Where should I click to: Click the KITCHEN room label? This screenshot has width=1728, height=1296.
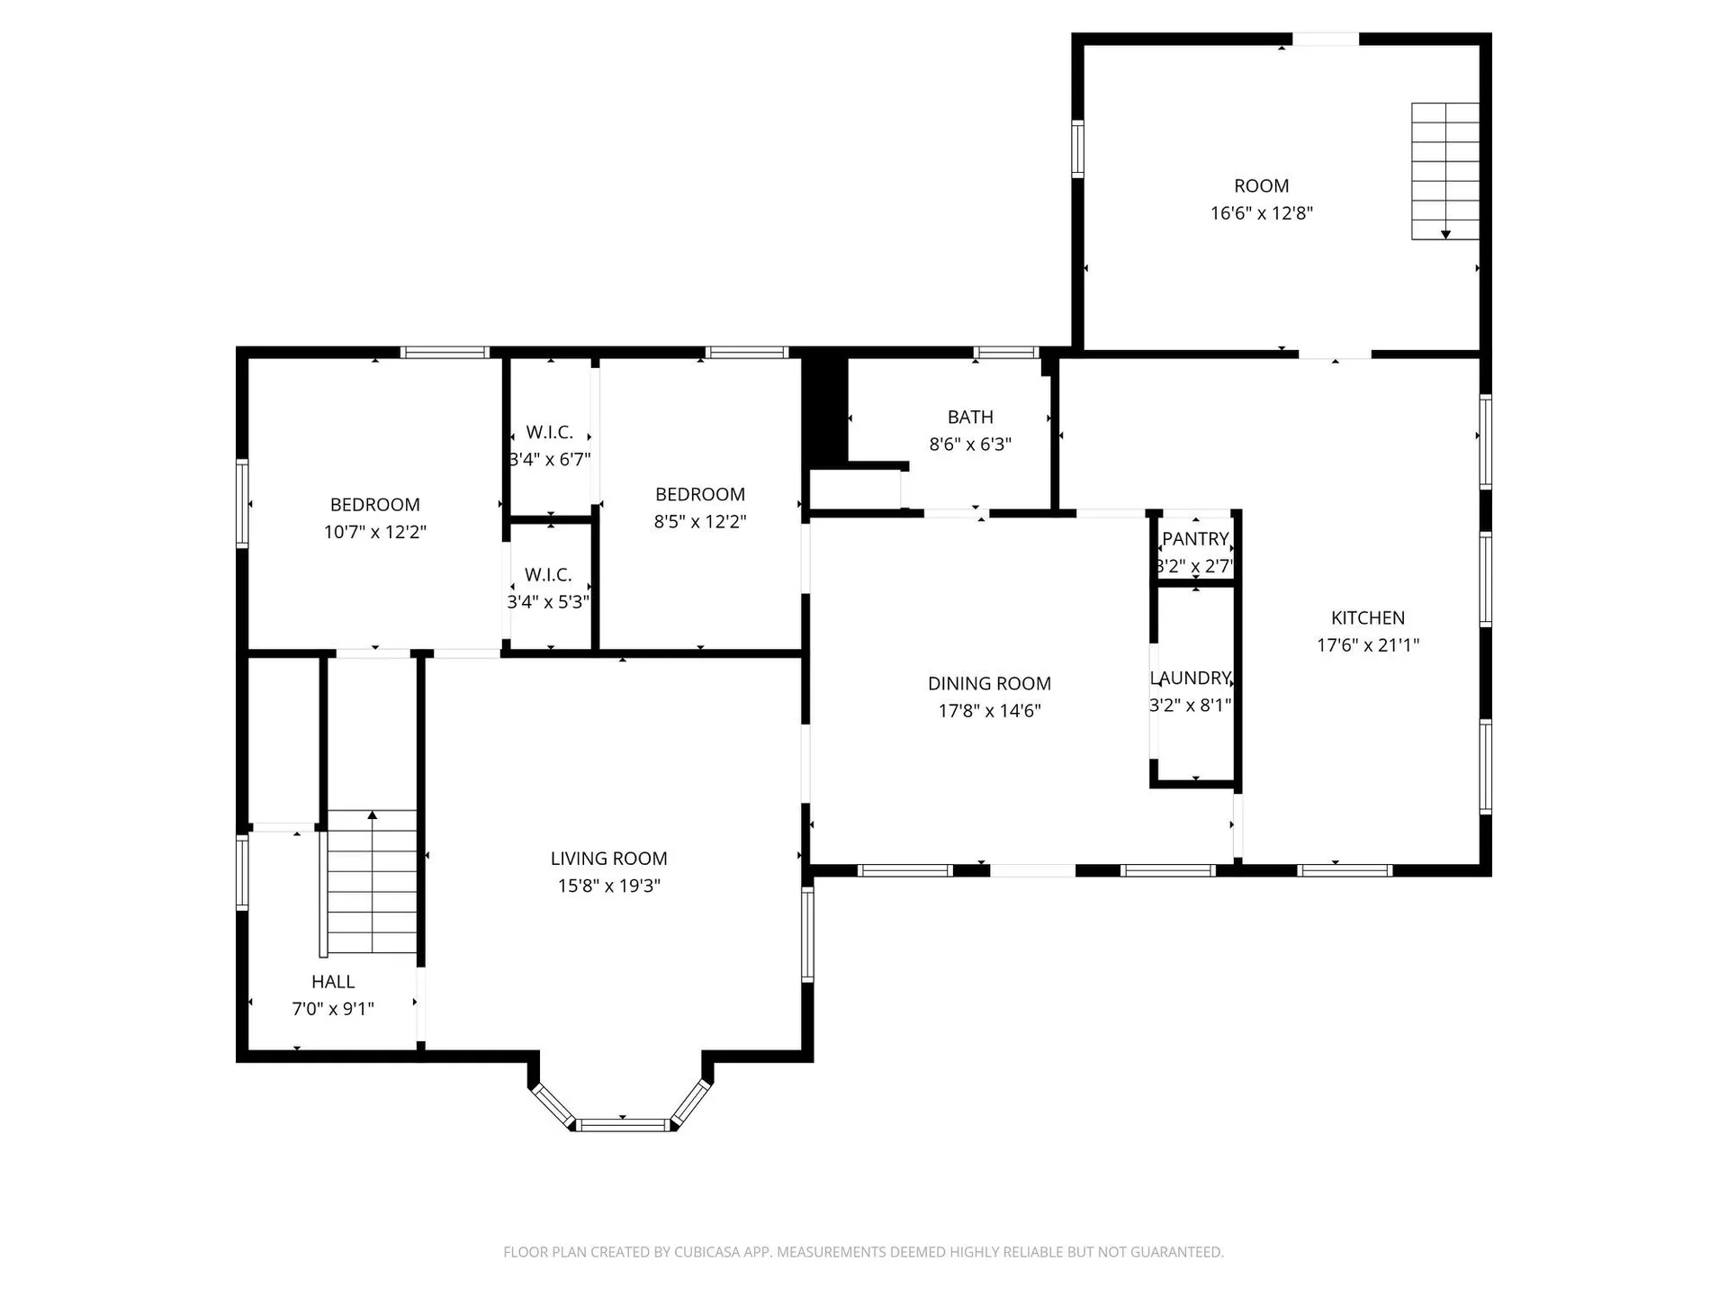1367,617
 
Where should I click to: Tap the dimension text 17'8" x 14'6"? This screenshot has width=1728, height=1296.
989,711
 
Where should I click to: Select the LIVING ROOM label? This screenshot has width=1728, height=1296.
608,859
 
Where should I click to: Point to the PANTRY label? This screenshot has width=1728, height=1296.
1195,539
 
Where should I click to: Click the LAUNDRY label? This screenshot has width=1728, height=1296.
1190,678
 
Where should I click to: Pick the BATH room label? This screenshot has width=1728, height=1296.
970,418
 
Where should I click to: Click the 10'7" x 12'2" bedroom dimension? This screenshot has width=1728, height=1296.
374,532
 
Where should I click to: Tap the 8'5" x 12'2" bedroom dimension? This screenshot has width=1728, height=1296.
699,522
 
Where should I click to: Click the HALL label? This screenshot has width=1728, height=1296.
333,982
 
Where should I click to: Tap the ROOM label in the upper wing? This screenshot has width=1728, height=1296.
1261,186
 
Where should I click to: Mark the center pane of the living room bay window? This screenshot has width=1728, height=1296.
623,1124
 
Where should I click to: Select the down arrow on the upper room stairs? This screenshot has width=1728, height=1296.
1445,233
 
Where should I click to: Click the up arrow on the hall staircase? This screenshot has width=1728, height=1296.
372,815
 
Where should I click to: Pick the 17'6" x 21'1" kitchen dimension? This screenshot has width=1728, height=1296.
1367,645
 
